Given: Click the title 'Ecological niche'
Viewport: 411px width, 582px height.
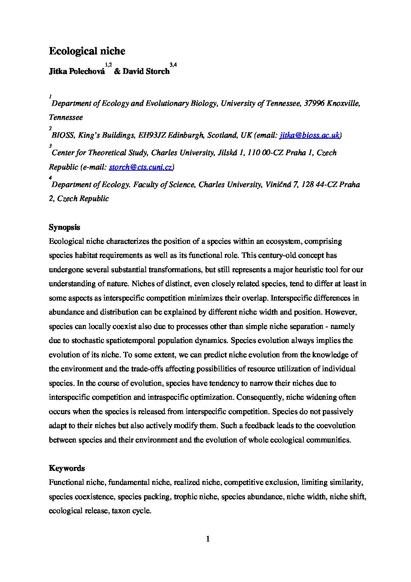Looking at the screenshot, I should coord(87,51).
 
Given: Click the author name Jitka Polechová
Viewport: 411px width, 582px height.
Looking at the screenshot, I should coord(77,72).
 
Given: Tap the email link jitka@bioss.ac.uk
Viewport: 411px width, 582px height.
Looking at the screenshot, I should coord(310,135).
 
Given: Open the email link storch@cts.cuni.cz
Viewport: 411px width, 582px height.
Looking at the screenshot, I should coord(141,167).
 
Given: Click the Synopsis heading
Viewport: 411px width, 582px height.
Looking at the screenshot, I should coord(64,227).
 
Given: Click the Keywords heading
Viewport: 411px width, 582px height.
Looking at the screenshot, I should coord(67,468).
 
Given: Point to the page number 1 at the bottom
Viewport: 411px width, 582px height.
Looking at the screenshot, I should coord(208,539).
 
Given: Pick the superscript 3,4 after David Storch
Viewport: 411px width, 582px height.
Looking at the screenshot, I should coord(174,65).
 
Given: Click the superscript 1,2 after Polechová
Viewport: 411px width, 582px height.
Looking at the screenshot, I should coord(108,65).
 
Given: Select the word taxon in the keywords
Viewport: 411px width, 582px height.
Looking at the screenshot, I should coord(120,510).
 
